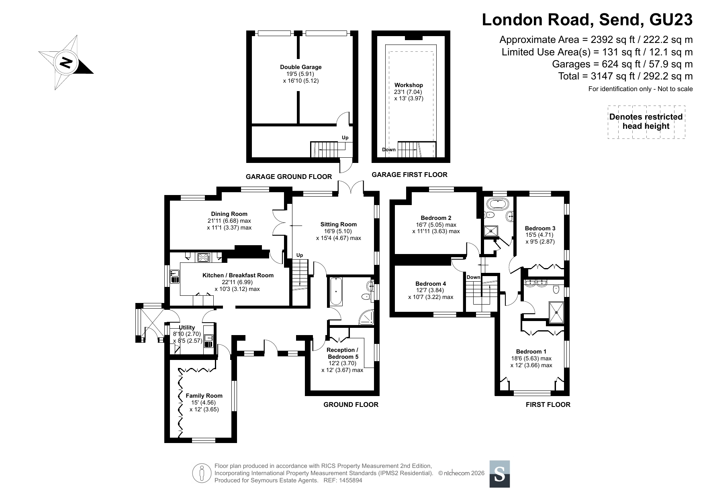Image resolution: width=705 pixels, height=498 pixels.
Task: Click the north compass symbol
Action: (66, 63)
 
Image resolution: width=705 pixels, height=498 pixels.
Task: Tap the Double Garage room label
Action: (301, 67)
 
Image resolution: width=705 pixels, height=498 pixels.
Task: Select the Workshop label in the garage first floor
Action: (409, 85)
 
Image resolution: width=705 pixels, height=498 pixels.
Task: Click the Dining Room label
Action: (229, 214)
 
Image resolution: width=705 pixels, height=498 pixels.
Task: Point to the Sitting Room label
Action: (339, 224)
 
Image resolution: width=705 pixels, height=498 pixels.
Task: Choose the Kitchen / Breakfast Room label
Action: (238, 275)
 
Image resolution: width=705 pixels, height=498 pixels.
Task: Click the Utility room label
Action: (187, 327)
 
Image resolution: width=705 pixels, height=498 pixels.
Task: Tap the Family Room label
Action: (204, 396)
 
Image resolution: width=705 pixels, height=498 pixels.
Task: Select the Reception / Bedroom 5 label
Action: (343, 353)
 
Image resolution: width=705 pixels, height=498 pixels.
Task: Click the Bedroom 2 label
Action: (436, 218)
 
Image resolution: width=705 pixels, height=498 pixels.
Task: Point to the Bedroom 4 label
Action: (431, 284)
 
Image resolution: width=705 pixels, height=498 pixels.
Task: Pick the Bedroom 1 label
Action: (531, 352)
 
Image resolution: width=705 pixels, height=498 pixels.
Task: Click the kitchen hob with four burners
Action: (204, 257)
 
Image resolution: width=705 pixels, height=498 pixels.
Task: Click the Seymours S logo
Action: (500, 474)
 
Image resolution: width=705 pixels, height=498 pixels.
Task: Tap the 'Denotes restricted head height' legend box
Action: (646, 122)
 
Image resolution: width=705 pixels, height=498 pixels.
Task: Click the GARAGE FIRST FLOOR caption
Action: (409, 175)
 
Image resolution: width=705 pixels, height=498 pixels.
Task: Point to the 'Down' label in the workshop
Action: (389, 150)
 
